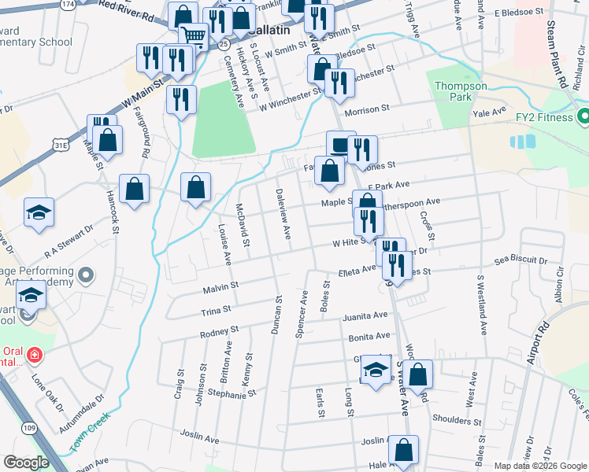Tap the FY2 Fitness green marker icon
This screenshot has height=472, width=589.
pos(583,119)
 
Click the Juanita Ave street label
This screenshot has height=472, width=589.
pos(365,316)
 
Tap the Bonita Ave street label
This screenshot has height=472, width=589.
pos(369,336)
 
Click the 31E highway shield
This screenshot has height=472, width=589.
pos(61,146)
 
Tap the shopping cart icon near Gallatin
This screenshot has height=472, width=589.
pos(192,35)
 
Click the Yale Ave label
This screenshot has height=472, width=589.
pos(488,112)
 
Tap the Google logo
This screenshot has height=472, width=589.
pos(26,463)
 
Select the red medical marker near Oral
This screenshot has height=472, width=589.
pos(34,356)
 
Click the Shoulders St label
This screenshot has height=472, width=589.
pos(450,420)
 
